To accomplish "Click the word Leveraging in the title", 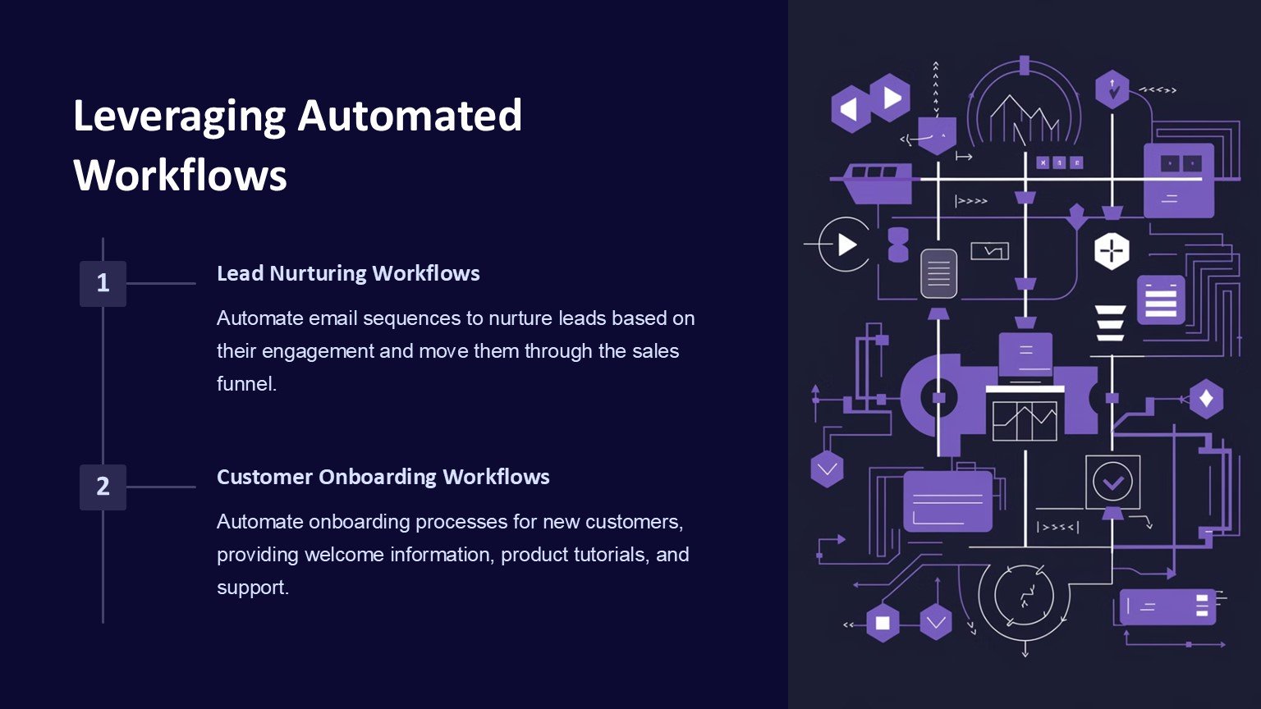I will pyautogui.click(x=178, y=116).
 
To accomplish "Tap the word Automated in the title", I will pyautogui.click(x=410, y=116).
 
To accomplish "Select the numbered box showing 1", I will pyautogui.click(x=103, y=283).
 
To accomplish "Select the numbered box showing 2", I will pyautogui.click(x=103, y=487).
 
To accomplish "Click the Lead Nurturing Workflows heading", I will pyautogui.click(x=348, y=273).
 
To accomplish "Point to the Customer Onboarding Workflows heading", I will pyautogui.click(x=383, y=477).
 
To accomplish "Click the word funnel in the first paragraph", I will pyautogui.click(x=245, y=384).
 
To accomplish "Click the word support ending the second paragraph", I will pyautogui.click(x=251, y=588).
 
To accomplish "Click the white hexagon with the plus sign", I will pyautogui.click(x=1112, y=250).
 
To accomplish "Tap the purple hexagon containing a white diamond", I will pyautogui.click(x=1206, y=399).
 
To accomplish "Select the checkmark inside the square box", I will pyautogui.click(x=1112, y=483).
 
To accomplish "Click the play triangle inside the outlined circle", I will pyautogui.click(x=846, y=245).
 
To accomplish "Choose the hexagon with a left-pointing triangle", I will pyautogui.click(x=850, y=109).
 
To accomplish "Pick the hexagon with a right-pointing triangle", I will pyautogui.click(x=891, y=98).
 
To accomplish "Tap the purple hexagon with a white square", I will pyautogui.click(x=883, y=623).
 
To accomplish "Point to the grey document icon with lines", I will pyautogui.click(x=938, y=272).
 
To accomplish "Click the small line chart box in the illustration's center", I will pyautogui.click(x=1024, y=420).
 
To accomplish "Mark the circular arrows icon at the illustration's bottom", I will pyautogui.click(x=1024, y=597).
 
